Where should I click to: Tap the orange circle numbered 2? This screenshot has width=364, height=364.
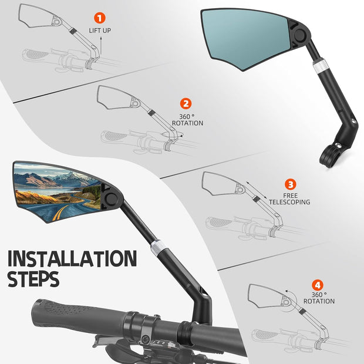coord(186,104)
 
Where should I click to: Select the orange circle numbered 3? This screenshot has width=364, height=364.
coord(289,184)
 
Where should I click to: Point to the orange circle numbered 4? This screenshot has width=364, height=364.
coord(316,285)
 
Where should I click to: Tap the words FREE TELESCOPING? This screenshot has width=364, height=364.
coord(289,198)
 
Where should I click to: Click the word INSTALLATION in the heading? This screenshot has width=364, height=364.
coord(72,258)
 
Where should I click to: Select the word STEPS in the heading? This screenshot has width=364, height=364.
coord(33,279)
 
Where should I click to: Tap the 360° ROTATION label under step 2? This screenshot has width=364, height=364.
coord(187,120)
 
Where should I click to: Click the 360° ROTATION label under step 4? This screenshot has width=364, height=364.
coord(319,298)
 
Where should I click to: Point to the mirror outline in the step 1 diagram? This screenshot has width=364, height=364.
coord(36,15)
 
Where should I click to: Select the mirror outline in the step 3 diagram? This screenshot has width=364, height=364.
coord(220,184)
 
